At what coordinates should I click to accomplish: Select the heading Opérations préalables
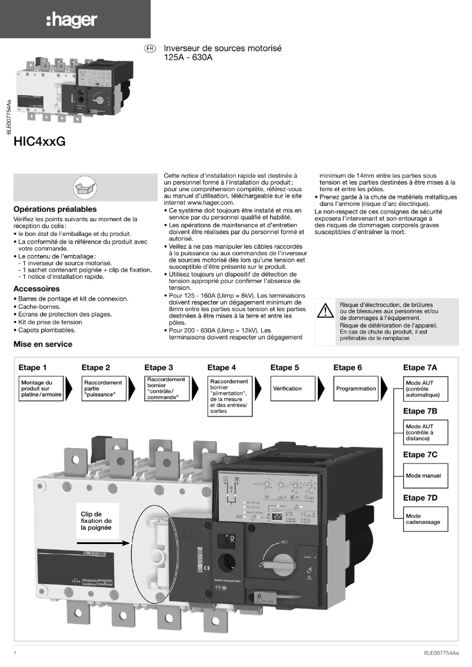coord(55,209)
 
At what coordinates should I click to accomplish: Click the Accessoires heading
coord(36,289)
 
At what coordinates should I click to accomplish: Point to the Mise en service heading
coord(43,343)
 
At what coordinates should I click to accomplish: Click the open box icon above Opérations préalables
coord(81,187)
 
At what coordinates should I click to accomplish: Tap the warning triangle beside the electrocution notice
coord(325,311)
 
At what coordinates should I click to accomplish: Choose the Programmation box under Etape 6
coord(356,389)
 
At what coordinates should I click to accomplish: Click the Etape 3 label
coord(159,368)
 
